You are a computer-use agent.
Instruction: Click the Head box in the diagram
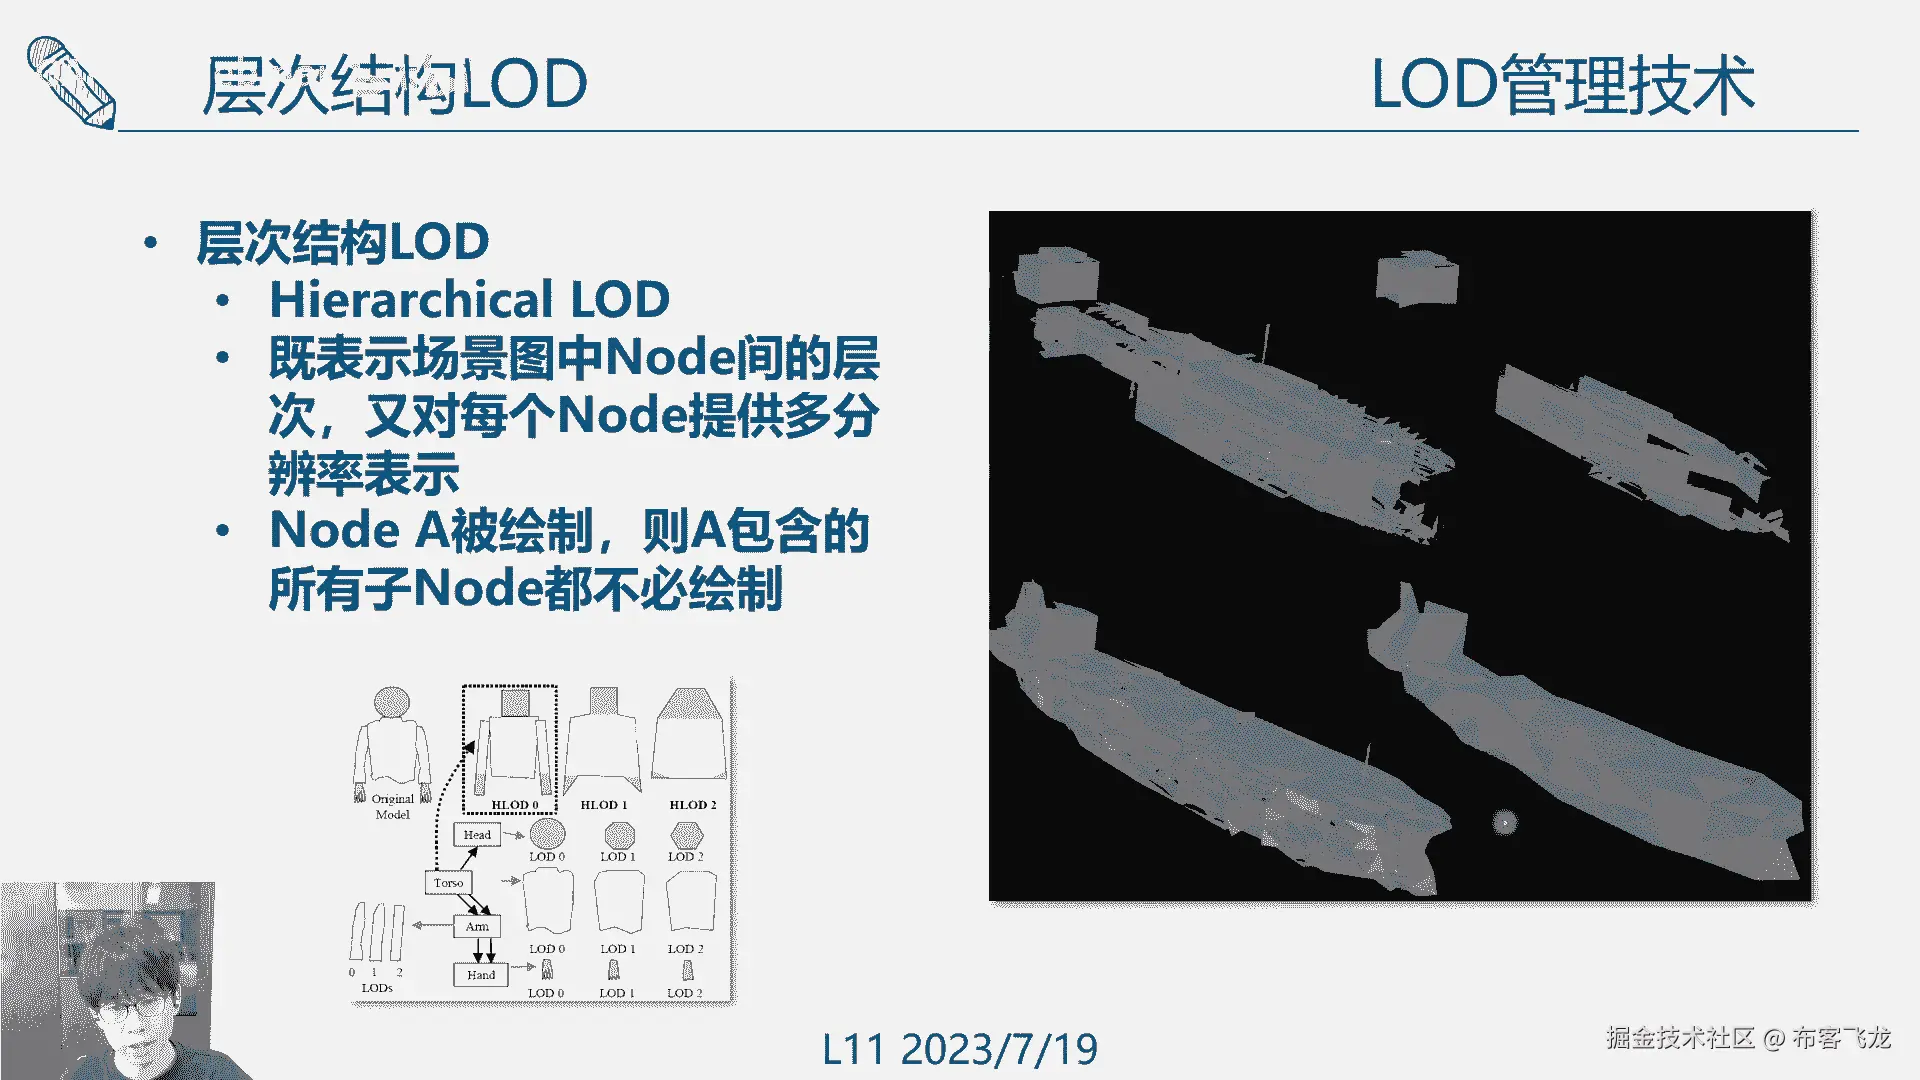coord(477,835)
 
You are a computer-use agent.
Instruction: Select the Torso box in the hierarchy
coord(448,883)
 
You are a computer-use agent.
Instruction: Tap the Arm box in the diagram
coord(477,927)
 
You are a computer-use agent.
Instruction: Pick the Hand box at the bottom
coord(480,975)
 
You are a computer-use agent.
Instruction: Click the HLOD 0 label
coord(515,805)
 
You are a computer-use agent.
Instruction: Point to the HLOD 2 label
coord(693,805)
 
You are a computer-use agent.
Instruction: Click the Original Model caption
coord(392,807)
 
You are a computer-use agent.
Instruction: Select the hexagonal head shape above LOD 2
coord(687,834)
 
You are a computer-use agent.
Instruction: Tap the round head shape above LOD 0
coord(547,833)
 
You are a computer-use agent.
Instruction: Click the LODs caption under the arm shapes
coord(377,988)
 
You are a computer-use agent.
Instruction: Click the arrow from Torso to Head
coord(468,859)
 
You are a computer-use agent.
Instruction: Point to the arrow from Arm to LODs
coord(432,925)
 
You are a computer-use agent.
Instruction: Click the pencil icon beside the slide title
coord(70,82)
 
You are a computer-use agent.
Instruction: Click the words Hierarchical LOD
coord(470,299)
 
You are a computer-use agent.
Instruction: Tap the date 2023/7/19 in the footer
coord(999,1050)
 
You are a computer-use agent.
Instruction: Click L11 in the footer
coord(853,1050)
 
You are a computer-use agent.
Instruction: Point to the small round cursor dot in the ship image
coord(1504,823)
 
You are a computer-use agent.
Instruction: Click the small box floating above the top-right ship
coord(1416,278)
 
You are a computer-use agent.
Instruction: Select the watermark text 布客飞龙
coord(1841,1038)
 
